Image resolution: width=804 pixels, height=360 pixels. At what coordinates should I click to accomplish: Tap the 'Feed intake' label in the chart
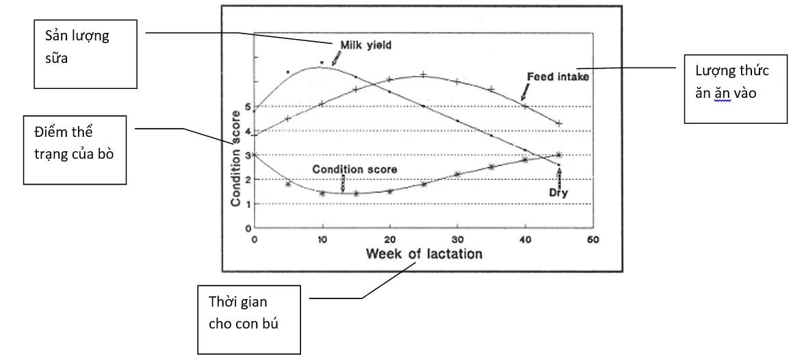558,77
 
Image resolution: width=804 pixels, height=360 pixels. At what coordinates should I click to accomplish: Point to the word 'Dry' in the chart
559,193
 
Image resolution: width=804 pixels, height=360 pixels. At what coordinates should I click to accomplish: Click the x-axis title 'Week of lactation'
424,254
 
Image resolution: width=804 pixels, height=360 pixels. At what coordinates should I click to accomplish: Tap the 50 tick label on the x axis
593,240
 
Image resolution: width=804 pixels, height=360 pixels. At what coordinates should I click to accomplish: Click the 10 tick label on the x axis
322,240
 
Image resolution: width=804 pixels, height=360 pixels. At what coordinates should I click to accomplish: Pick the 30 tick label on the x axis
457,240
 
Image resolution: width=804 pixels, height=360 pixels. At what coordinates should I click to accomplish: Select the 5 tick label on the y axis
248,107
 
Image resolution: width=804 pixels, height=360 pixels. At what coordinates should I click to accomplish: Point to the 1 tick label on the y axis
248,204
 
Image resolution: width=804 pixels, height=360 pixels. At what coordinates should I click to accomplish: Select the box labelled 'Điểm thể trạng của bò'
75,149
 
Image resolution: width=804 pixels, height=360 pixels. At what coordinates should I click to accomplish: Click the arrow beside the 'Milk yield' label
336,60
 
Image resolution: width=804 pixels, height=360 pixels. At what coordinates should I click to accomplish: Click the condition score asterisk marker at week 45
559,155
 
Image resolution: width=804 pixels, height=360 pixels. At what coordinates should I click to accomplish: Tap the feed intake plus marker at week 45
559,123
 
